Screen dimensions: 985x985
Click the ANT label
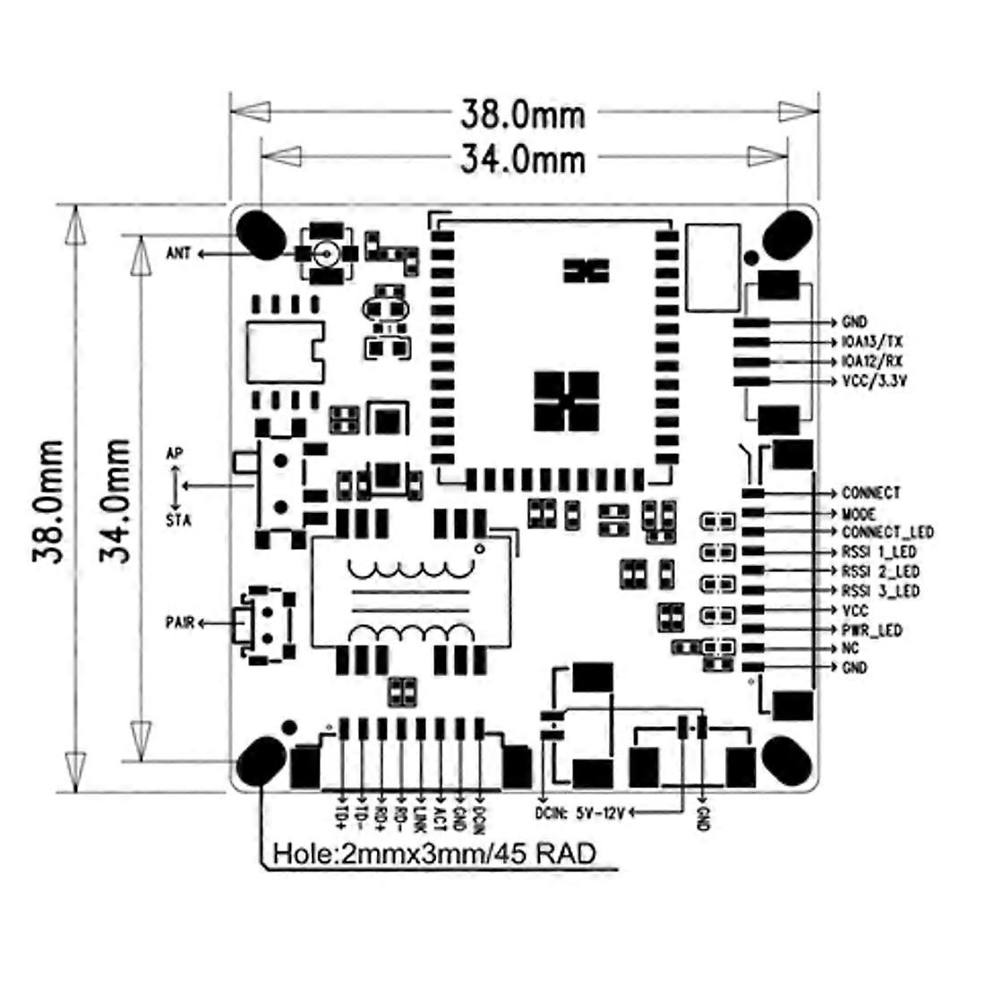(x=178, y=253)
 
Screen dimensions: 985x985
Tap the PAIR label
(x=180, y=623)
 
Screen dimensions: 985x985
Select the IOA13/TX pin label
(x=872, y=342)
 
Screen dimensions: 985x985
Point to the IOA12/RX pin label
(x=872, y=362)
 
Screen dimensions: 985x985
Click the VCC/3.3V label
(x=875, y=381)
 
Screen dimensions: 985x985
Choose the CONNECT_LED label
(x=887, y=533)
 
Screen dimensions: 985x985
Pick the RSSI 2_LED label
(x=880, y=571)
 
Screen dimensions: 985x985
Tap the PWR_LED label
(x=872, y=630)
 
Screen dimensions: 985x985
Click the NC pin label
(x=851, y=648)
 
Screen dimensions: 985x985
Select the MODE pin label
(x=859, y=514)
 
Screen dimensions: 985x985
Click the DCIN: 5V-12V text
(x=580, y=813)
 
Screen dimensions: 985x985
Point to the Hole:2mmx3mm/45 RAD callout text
(x=434, y=854)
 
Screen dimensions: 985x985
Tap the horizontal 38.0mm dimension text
(x=523, y=115)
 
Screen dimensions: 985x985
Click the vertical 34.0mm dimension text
(x=116, y=500)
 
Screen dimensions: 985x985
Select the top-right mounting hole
(x=786, y=235)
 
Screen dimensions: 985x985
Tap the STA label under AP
(x=178, y=521)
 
